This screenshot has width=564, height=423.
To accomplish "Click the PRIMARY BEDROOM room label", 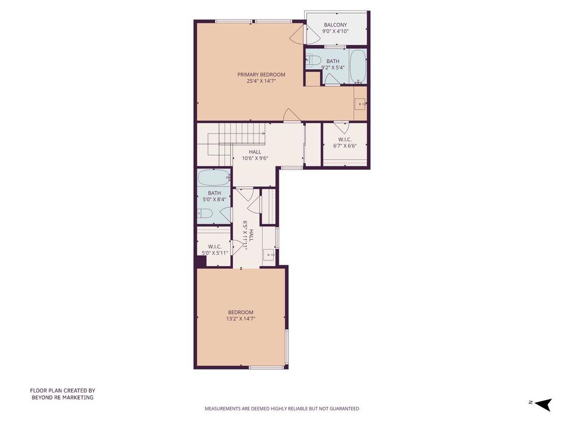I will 261,74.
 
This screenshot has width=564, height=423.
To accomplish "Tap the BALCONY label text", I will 335,24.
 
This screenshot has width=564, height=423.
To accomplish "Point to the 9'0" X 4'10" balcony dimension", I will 335,32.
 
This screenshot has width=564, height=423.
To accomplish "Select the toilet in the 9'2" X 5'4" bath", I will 313,61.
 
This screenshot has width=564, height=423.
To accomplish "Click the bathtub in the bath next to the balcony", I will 358,66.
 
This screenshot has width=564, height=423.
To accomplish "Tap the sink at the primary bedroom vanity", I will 360,103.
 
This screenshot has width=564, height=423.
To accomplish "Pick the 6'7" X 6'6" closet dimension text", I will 345,146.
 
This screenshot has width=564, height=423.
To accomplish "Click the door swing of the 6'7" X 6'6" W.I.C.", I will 341,127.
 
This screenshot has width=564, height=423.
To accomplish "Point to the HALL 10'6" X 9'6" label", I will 255,155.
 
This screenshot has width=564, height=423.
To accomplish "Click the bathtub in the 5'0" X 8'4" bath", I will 214,178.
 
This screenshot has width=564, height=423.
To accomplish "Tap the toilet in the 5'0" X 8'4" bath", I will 205,213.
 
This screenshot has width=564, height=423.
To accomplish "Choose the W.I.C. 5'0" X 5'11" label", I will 214,249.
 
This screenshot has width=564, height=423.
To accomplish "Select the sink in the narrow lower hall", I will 269,255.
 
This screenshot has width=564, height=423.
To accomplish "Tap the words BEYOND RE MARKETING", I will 62,397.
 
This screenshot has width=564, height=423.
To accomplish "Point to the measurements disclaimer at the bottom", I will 281,408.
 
